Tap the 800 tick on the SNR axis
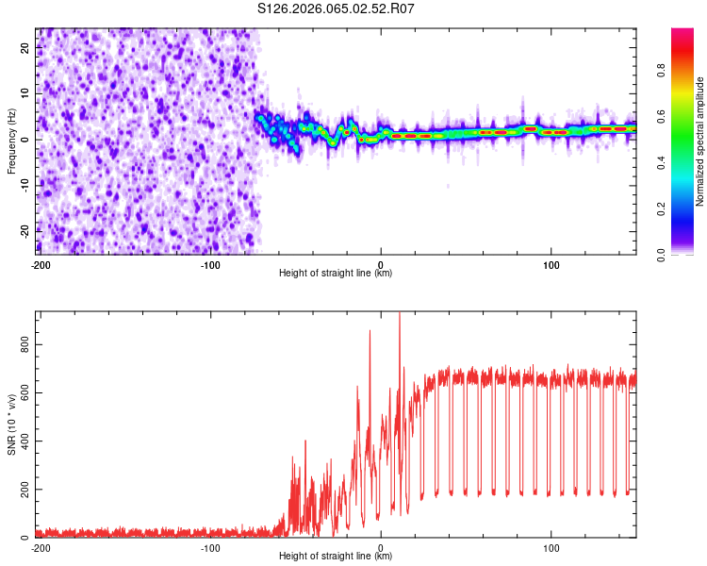(25, 345)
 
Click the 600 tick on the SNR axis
(25, 393)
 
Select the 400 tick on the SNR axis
(25, 441)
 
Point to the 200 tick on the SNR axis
(25, 490)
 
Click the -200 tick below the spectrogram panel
(40, 264)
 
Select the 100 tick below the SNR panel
(551, 547)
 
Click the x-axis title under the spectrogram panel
(336, 274)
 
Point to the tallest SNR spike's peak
(400, 314)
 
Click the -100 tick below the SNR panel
(210, 547)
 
